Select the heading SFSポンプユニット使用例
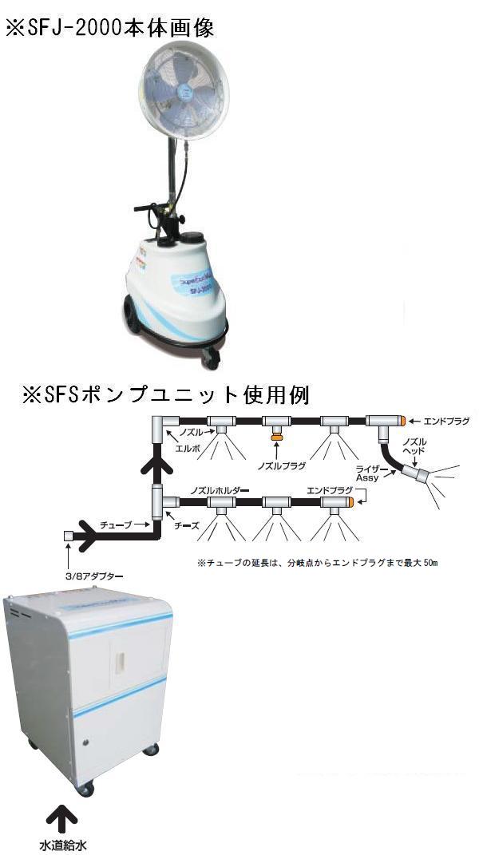click(x=166, y=394)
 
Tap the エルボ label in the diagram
click(x=181, y=448)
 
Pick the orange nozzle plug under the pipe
click(x=276, y=437)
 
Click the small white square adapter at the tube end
click(x=68, y=537)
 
